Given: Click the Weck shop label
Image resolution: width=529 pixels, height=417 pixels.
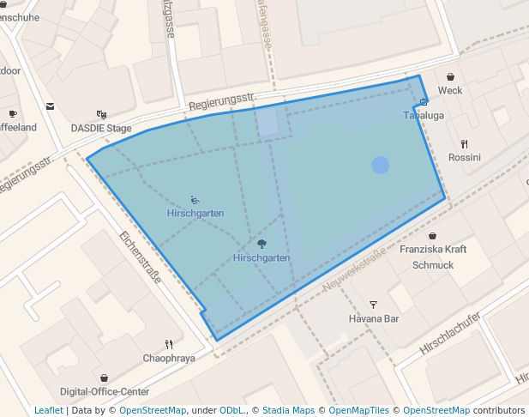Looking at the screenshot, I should click(x=450, y=90).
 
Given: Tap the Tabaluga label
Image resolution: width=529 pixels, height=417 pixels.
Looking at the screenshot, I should click(x=422, y=115).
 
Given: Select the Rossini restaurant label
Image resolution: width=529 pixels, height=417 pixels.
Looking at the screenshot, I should click(x=465, y=157).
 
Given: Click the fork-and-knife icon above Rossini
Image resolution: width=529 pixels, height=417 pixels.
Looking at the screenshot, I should click(x=465, y=143).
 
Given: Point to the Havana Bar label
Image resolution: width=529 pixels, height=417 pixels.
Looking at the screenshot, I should click(x=374, y=318).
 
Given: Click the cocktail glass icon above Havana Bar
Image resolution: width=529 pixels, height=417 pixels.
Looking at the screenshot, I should click(x=373, y=304).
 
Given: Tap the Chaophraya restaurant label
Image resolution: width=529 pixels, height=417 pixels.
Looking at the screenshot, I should click(x=169, y=358).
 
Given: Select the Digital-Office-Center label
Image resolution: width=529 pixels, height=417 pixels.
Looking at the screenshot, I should click(x=105, y=391).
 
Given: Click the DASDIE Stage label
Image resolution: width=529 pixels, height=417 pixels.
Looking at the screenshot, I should click(x=101, y=128).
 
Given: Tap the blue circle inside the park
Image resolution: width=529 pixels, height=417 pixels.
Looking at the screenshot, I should click(x=381, y=165).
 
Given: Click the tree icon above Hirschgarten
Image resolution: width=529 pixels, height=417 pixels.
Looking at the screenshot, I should click(x=261, y=244).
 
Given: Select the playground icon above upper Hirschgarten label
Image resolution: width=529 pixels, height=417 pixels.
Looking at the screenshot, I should click(x=195, y=199).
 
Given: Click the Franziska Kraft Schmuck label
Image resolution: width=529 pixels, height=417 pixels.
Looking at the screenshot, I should click(x=433, y=257).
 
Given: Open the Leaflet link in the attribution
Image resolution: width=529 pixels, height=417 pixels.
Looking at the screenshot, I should click(x=48, y=410).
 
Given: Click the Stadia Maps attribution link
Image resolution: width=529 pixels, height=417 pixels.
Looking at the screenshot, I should click(x=288, y=410).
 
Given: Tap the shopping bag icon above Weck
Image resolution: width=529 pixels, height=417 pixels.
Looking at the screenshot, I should click(x=450, y=76).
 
